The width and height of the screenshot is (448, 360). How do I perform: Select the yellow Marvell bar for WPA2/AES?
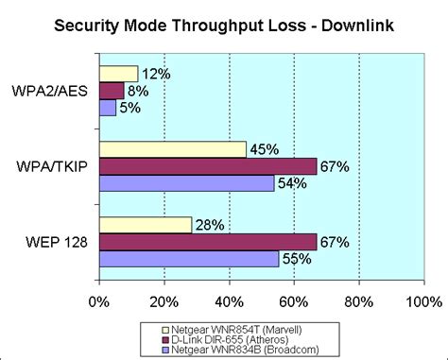tap(118, 74)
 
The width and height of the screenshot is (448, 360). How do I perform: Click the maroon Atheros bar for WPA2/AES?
tap(112, 91)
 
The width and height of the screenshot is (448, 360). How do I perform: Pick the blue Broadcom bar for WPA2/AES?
tap(107, 108)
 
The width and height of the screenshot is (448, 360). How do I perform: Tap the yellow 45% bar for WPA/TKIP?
tap(172, 149)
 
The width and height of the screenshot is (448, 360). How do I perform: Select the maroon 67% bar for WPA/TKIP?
tap(208, 166)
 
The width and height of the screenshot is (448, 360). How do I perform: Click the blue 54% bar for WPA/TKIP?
tap(186, 183)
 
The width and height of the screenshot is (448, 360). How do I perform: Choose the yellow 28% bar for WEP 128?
tap(145, 225)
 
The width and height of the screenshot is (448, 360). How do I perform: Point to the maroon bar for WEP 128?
tap(208, 242)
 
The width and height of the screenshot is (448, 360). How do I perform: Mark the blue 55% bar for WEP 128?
tap(188, 259)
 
